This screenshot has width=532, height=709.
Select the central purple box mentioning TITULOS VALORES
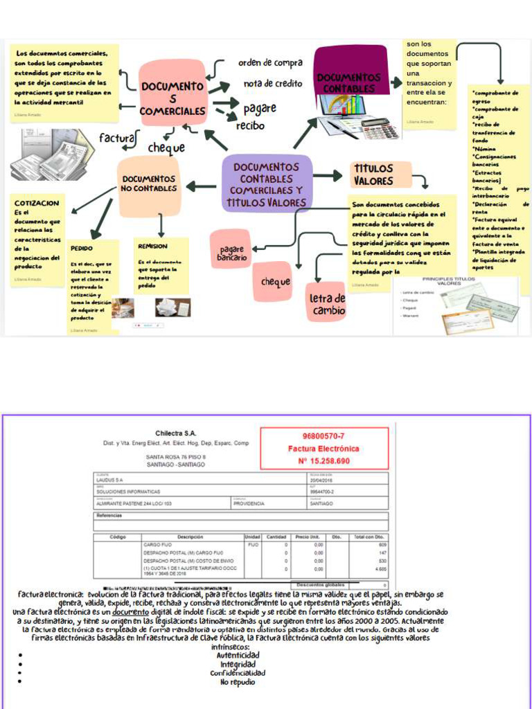tap(266, 184)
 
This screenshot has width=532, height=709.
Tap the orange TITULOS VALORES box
tap(373, 174)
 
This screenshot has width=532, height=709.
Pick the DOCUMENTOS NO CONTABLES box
tap(148, 183)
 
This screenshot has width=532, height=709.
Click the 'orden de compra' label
tap(270, 63)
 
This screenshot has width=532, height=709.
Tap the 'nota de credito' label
tap(273, 84)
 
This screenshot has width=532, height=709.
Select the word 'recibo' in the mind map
tap(250, 126)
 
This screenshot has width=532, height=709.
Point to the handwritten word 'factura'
tap(116, 138)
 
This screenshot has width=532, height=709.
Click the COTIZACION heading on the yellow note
tap(37, 204)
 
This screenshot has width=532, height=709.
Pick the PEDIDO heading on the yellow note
tap(82, 248)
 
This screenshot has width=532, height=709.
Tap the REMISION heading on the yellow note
tap(152, 246)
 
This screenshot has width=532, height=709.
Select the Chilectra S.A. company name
tap(176, 433)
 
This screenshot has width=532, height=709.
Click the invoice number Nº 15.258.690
tap(323, 460)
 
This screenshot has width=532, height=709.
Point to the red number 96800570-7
tap(323, 436)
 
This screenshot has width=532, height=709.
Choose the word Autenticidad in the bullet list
tap(238, 655)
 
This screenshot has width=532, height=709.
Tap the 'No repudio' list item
tap(238, 682)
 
